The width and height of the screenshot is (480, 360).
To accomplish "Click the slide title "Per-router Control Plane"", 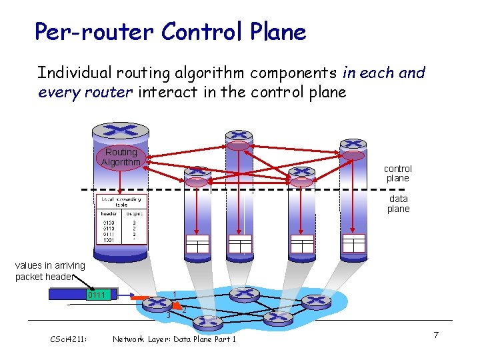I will click(170, 31).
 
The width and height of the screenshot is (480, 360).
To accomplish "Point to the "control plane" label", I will click(398, 173).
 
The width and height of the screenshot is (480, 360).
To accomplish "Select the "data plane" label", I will click(398, 203).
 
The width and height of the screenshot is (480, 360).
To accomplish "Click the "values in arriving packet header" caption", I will click(51, 271).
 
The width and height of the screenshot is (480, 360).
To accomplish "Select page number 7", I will click(435, 334).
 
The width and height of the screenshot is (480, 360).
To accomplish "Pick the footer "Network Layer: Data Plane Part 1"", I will click(174, 339).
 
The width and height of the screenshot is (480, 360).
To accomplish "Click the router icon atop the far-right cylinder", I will click(353, 144).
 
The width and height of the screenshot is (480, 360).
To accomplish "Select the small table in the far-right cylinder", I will click(353, 243).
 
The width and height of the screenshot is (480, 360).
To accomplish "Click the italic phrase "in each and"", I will click(383, 73).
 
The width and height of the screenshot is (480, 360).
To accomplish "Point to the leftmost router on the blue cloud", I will click(159, 304).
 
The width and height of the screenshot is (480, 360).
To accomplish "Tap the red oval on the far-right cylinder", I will click(353, 155).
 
